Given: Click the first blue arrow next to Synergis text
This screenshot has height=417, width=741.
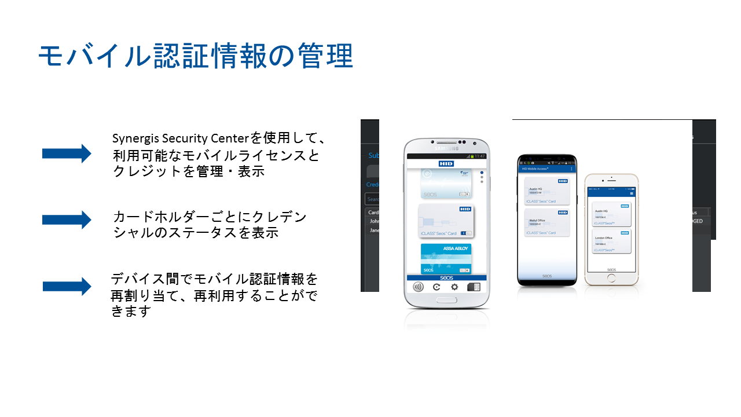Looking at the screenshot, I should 67,153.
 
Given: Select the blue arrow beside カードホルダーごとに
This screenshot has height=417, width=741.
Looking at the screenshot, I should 67,220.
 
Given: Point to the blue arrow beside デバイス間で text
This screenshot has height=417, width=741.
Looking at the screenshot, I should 67,286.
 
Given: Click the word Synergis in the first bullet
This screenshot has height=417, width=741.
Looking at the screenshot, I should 133,139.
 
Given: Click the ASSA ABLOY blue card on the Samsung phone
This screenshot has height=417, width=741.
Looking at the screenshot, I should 446,258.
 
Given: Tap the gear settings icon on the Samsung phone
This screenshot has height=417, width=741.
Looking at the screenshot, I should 455,287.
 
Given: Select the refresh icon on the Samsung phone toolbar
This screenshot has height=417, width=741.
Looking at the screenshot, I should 436,287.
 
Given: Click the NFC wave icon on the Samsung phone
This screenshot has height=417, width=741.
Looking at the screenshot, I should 417,287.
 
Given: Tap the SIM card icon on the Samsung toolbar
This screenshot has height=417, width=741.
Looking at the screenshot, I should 474,287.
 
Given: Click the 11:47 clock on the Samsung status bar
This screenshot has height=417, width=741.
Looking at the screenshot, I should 480,156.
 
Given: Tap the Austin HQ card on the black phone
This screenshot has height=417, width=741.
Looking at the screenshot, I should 546,191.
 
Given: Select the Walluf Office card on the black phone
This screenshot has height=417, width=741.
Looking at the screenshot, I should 546,223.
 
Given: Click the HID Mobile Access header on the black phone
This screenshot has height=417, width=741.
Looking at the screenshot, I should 535,169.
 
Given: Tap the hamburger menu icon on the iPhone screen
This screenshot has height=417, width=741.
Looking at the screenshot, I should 632,193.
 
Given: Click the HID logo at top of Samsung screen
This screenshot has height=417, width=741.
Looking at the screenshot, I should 446,164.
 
